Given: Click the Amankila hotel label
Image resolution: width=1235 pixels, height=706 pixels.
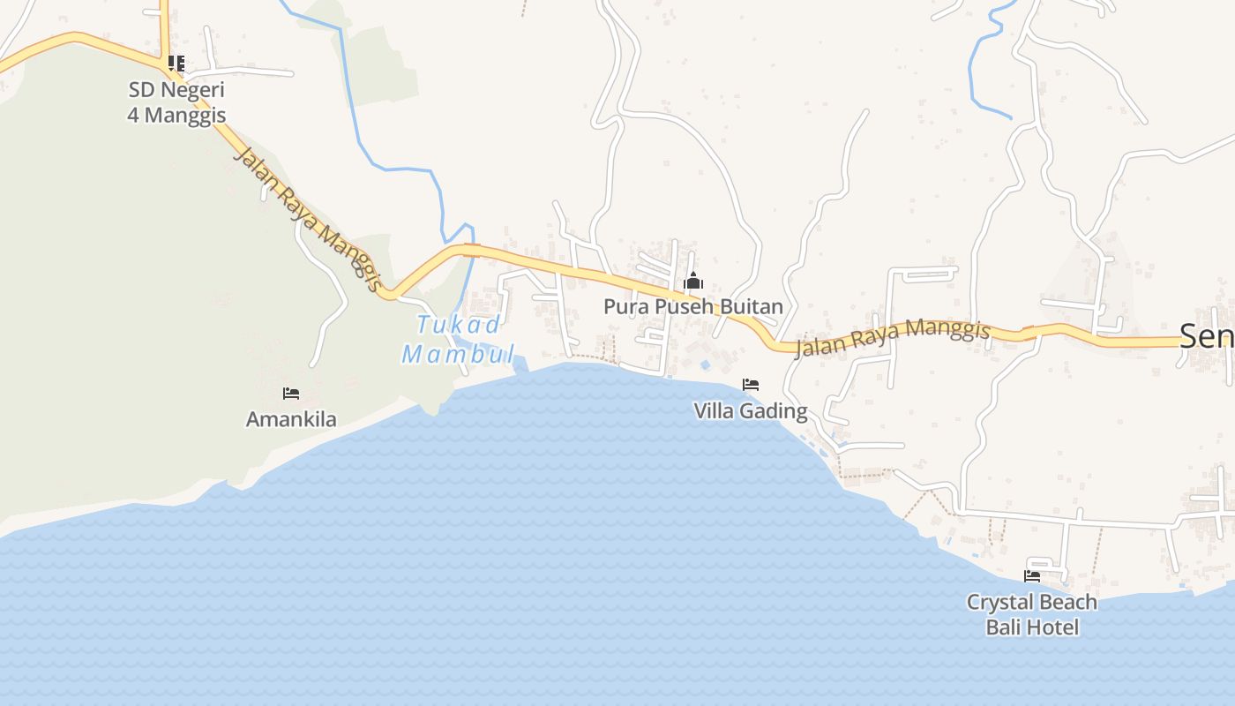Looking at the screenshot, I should click(291, 419).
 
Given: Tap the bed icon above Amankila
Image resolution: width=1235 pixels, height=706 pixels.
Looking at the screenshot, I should click(291, 394).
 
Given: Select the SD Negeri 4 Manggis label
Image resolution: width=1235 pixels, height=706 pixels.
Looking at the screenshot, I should click(176, 101).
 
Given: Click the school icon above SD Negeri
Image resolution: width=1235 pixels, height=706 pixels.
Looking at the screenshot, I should click(176, 64).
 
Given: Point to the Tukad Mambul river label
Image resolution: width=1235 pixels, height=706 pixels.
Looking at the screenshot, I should click(459, 340).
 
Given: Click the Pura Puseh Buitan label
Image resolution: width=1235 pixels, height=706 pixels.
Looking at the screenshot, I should click(693, 306).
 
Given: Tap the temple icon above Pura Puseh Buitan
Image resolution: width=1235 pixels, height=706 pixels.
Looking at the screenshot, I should click(694, 282).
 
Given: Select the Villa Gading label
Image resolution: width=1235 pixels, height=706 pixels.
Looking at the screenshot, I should click(751, 410).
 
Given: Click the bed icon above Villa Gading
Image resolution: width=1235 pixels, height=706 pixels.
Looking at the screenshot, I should click(751, 384).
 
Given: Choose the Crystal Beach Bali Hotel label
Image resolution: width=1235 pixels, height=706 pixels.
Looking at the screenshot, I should click(1032, 614).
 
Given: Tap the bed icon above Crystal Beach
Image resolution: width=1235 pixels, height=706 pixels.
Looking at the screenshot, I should click(1032, 576).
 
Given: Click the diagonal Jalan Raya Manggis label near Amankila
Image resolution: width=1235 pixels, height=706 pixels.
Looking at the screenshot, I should click(308, 219).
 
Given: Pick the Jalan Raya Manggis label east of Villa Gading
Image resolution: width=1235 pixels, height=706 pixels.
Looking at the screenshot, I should click(893, 339).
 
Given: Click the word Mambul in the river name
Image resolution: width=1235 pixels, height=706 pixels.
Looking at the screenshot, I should click(459, 355).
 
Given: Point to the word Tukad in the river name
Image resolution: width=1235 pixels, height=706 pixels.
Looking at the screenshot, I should click(459, 325).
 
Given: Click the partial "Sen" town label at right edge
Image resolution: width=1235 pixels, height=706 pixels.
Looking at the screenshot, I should click(1207, 336).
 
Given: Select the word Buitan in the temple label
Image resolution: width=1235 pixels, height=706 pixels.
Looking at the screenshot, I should click(751, 306).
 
